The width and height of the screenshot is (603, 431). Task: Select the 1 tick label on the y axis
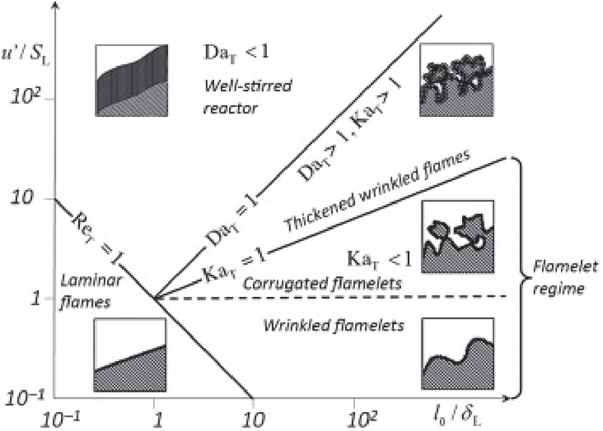tap(24, 299)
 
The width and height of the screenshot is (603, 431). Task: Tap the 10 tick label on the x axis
tap(254, 416)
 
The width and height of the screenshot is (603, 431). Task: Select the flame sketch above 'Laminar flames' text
tap(130, 353)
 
